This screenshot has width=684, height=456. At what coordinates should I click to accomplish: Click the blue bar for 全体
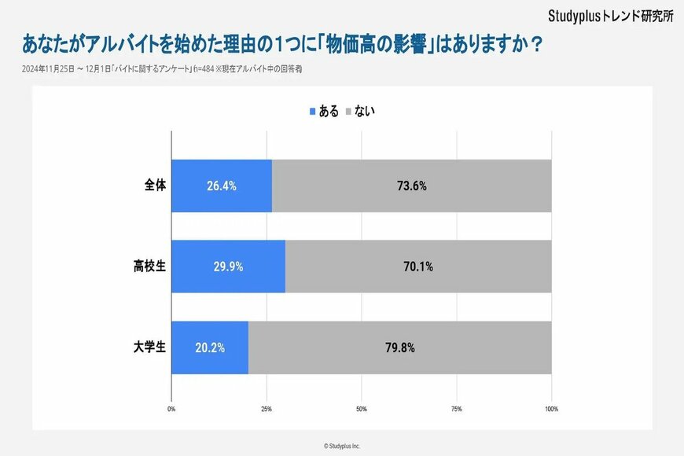pyautogui.click(x=222, y=186)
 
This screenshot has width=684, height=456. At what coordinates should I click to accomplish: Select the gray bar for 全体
pyautogui.click(x=411, y=186)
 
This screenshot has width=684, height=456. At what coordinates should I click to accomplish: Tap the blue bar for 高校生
pyautogui.click(x=228, y=267)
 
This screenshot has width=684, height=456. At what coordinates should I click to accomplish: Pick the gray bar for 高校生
pyautogui.click(x=418, y=267)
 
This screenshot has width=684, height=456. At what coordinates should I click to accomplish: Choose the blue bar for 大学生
pyautogui.click(x=210, y=348)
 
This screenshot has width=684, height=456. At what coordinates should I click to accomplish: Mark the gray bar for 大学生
pyautogui.click(x=399, y=348)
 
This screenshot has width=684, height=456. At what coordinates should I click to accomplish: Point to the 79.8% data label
pyautogui.click(x=399, y=348)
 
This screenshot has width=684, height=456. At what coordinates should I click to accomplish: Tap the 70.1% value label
pyautogui.click(x=417, y=267)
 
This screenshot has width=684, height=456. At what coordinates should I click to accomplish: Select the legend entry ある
pyautogui.click(x=325, y=112)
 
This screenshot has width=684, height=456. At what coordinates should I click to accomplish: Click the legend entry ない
pyautogui.click(x=359, y=112)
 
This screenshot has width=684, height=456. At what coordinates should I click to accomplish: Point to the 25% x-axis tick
pyautogui.click(x=267, y=409)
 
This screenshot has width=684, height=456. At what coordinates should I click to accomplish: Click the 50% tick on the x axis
pyautogui.click(x=362, y=409)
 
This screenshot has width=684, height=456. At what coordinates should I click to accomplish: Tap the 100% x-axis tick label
pyautogui.click(x=551, y=409)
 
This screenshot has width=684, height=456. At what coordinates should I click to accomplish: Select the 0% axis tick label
pyautogui.click(x=171, y=409)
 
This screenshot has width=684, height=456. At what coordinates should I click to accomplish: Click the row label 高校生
pyautogui.click(x=149, y=267)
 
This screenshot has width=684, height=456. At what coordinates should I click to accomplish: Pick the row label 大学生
pyautogui.click(x=149, y=348)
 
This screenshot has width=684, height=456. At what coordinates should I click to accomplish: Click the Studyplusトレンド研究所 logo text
pyautogui.click(x=610, y=17)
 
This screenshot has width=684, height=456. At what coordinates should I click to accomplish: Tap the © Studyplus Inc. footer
pyautogui.click(x=342, y=446)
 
